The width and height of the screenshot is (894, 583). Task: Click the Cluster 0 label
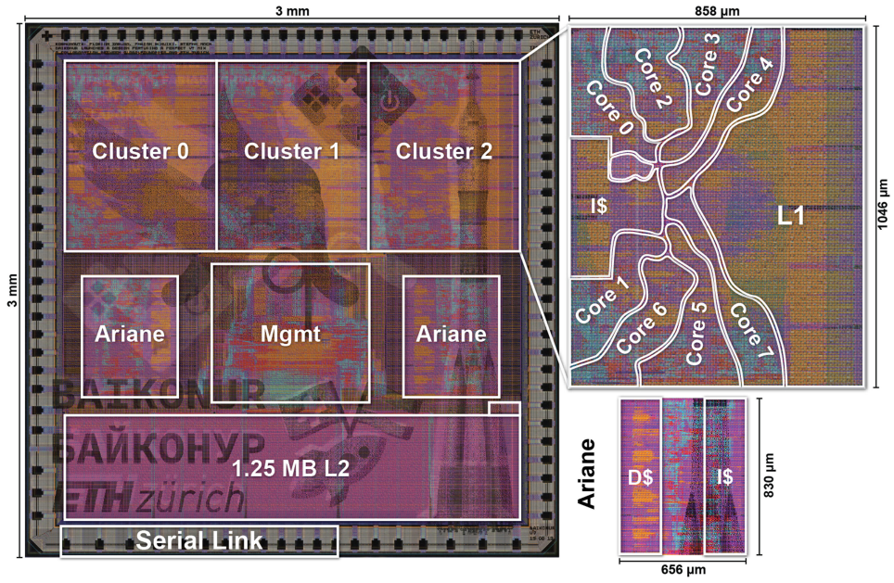(140, 151)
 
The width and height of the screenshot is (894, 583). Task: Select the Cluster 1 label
(292, 151)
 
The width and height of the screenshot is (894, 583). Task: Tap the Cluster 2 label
(444, 151)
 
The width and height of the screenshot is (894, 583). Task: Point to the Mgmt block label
(290, 334)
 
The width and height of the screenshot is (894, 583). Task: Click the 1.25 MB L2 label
(290, 469)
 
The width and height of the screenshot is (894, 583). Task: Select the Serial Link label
(199, 542)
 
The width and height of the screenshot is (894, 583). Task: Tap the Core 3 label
(707, 64)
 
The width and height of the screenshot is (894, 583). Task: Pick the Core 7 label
(750, 333)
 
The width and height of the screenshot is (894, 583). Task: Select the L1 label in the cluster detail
(791, 216)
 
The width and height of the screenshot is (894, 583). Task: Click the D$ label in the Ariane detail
(639, 479)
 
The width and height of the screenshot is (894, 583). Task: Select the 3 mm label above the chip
(292, 10)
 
